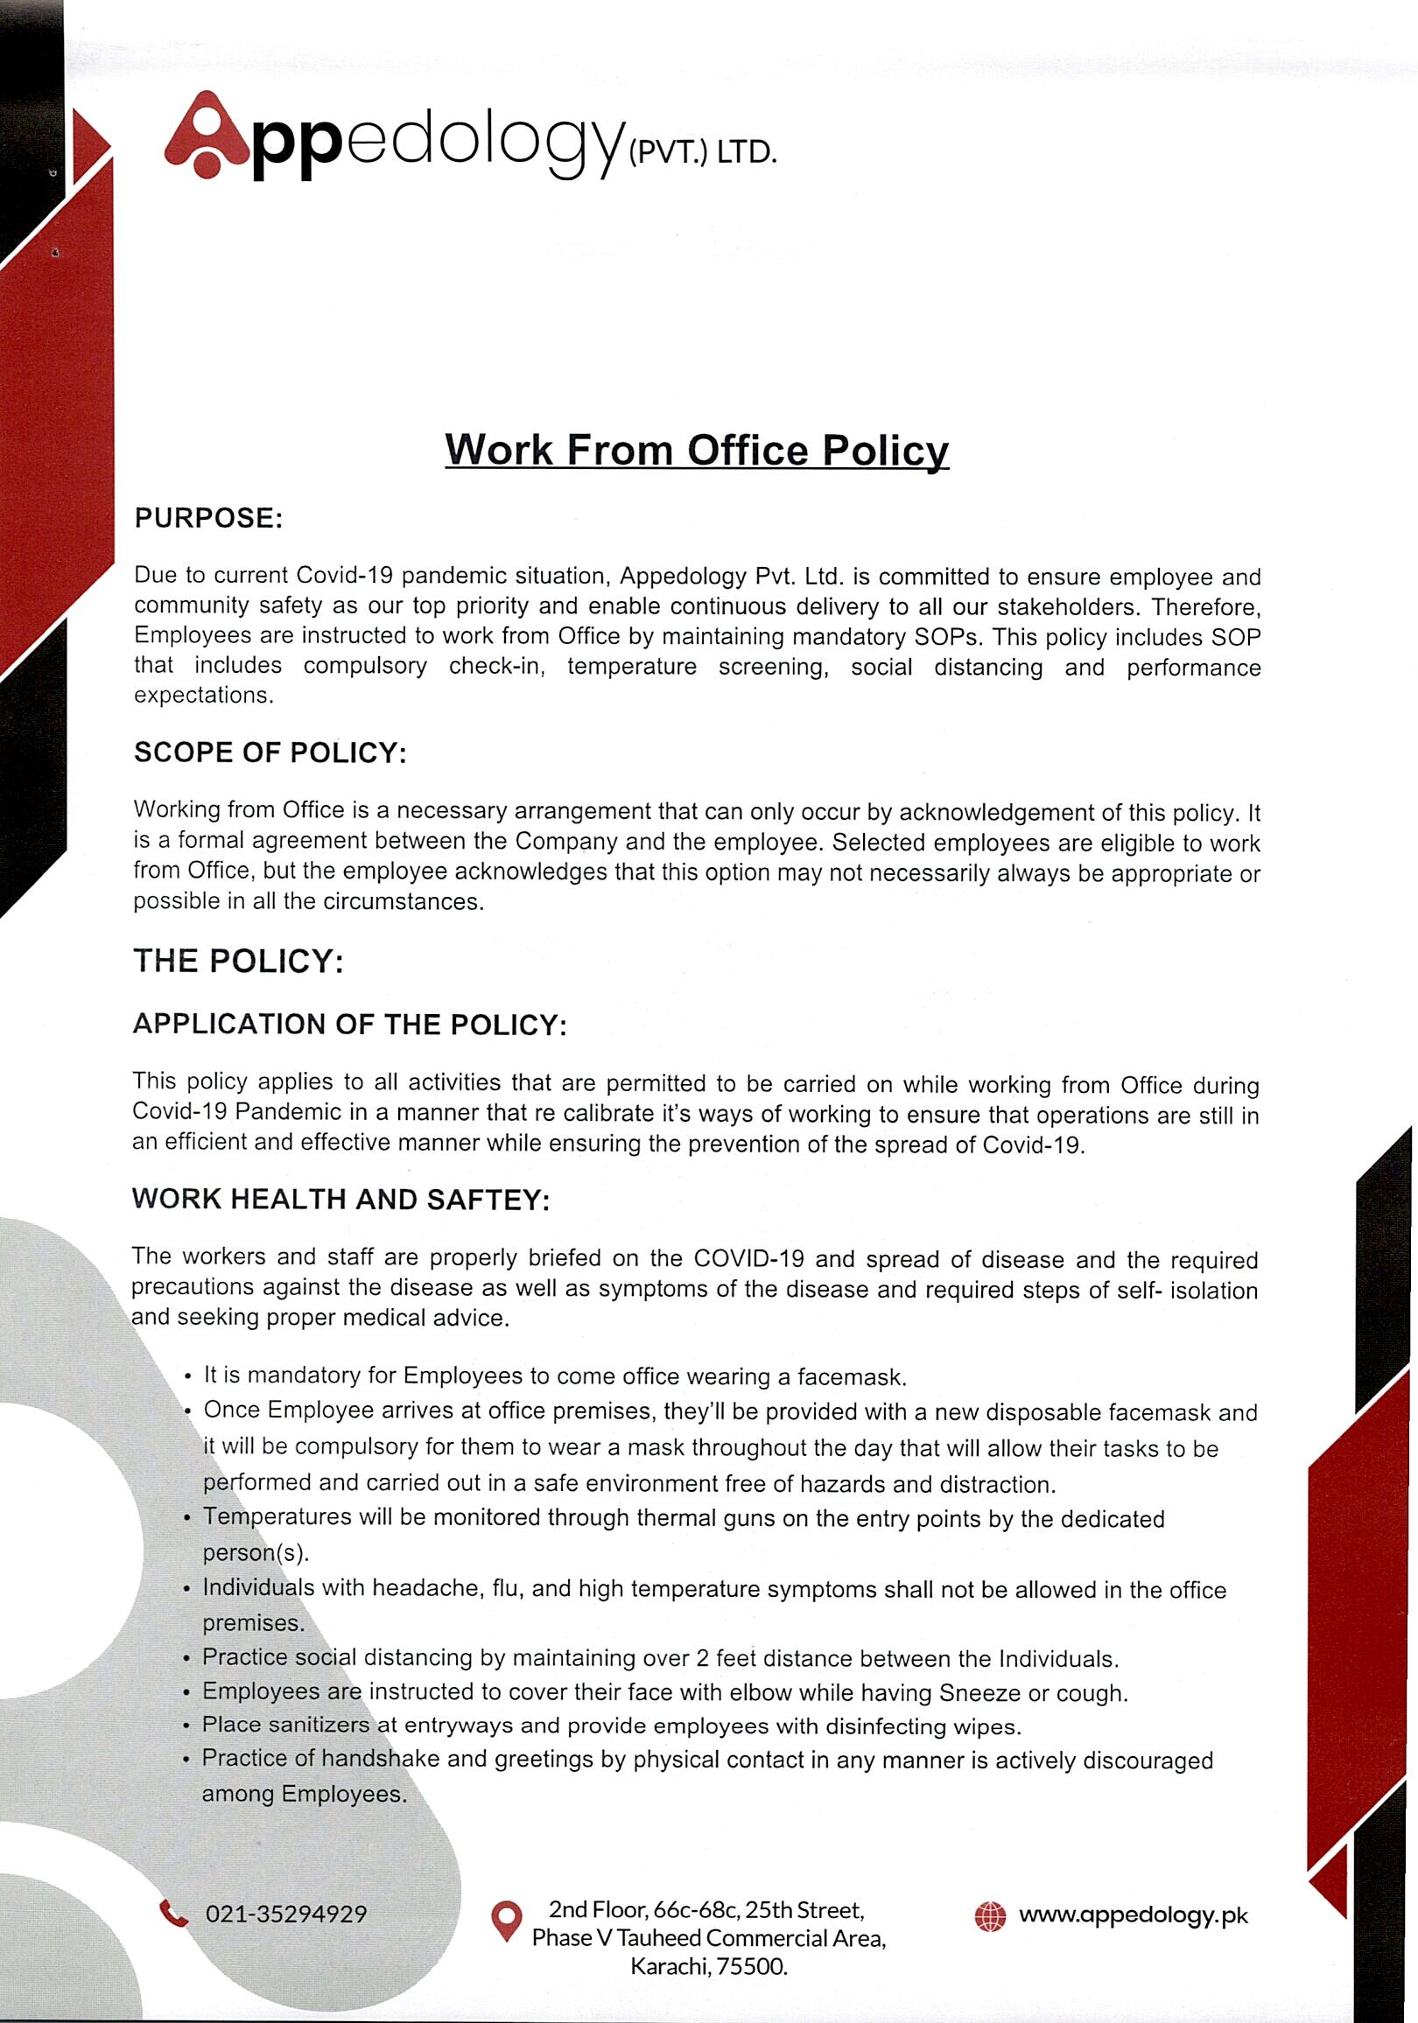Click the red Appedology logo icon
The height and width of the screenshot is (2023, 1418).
point(208,135)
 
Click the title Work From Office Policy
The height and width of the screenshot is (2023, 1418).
point(696,450)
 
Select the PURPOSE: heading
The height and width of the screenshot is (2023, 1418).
point(208,518)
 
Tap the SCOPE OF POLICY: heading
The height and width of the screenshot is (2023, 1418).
point(270,752)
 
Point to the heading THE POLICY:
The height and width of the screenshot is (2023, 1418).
point(238,961)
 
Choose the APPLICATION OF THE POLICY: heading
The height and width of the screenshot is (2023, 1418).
point(349,1025)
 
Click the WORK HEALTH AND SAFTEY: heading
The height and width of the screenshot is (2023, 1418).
point(340,1199)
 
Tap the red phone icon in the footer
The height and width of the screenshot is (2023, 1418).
point(174,1914)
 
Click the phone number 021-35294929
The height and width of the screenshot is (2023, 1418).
point(285,1914)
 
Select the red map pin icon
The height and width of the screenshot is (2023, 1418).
point(506,1921)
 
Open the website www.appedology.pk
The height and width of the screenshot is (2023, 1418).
point(1134,1915)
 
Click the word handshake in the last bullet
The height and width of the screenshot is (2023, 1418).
point(380,1760)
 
